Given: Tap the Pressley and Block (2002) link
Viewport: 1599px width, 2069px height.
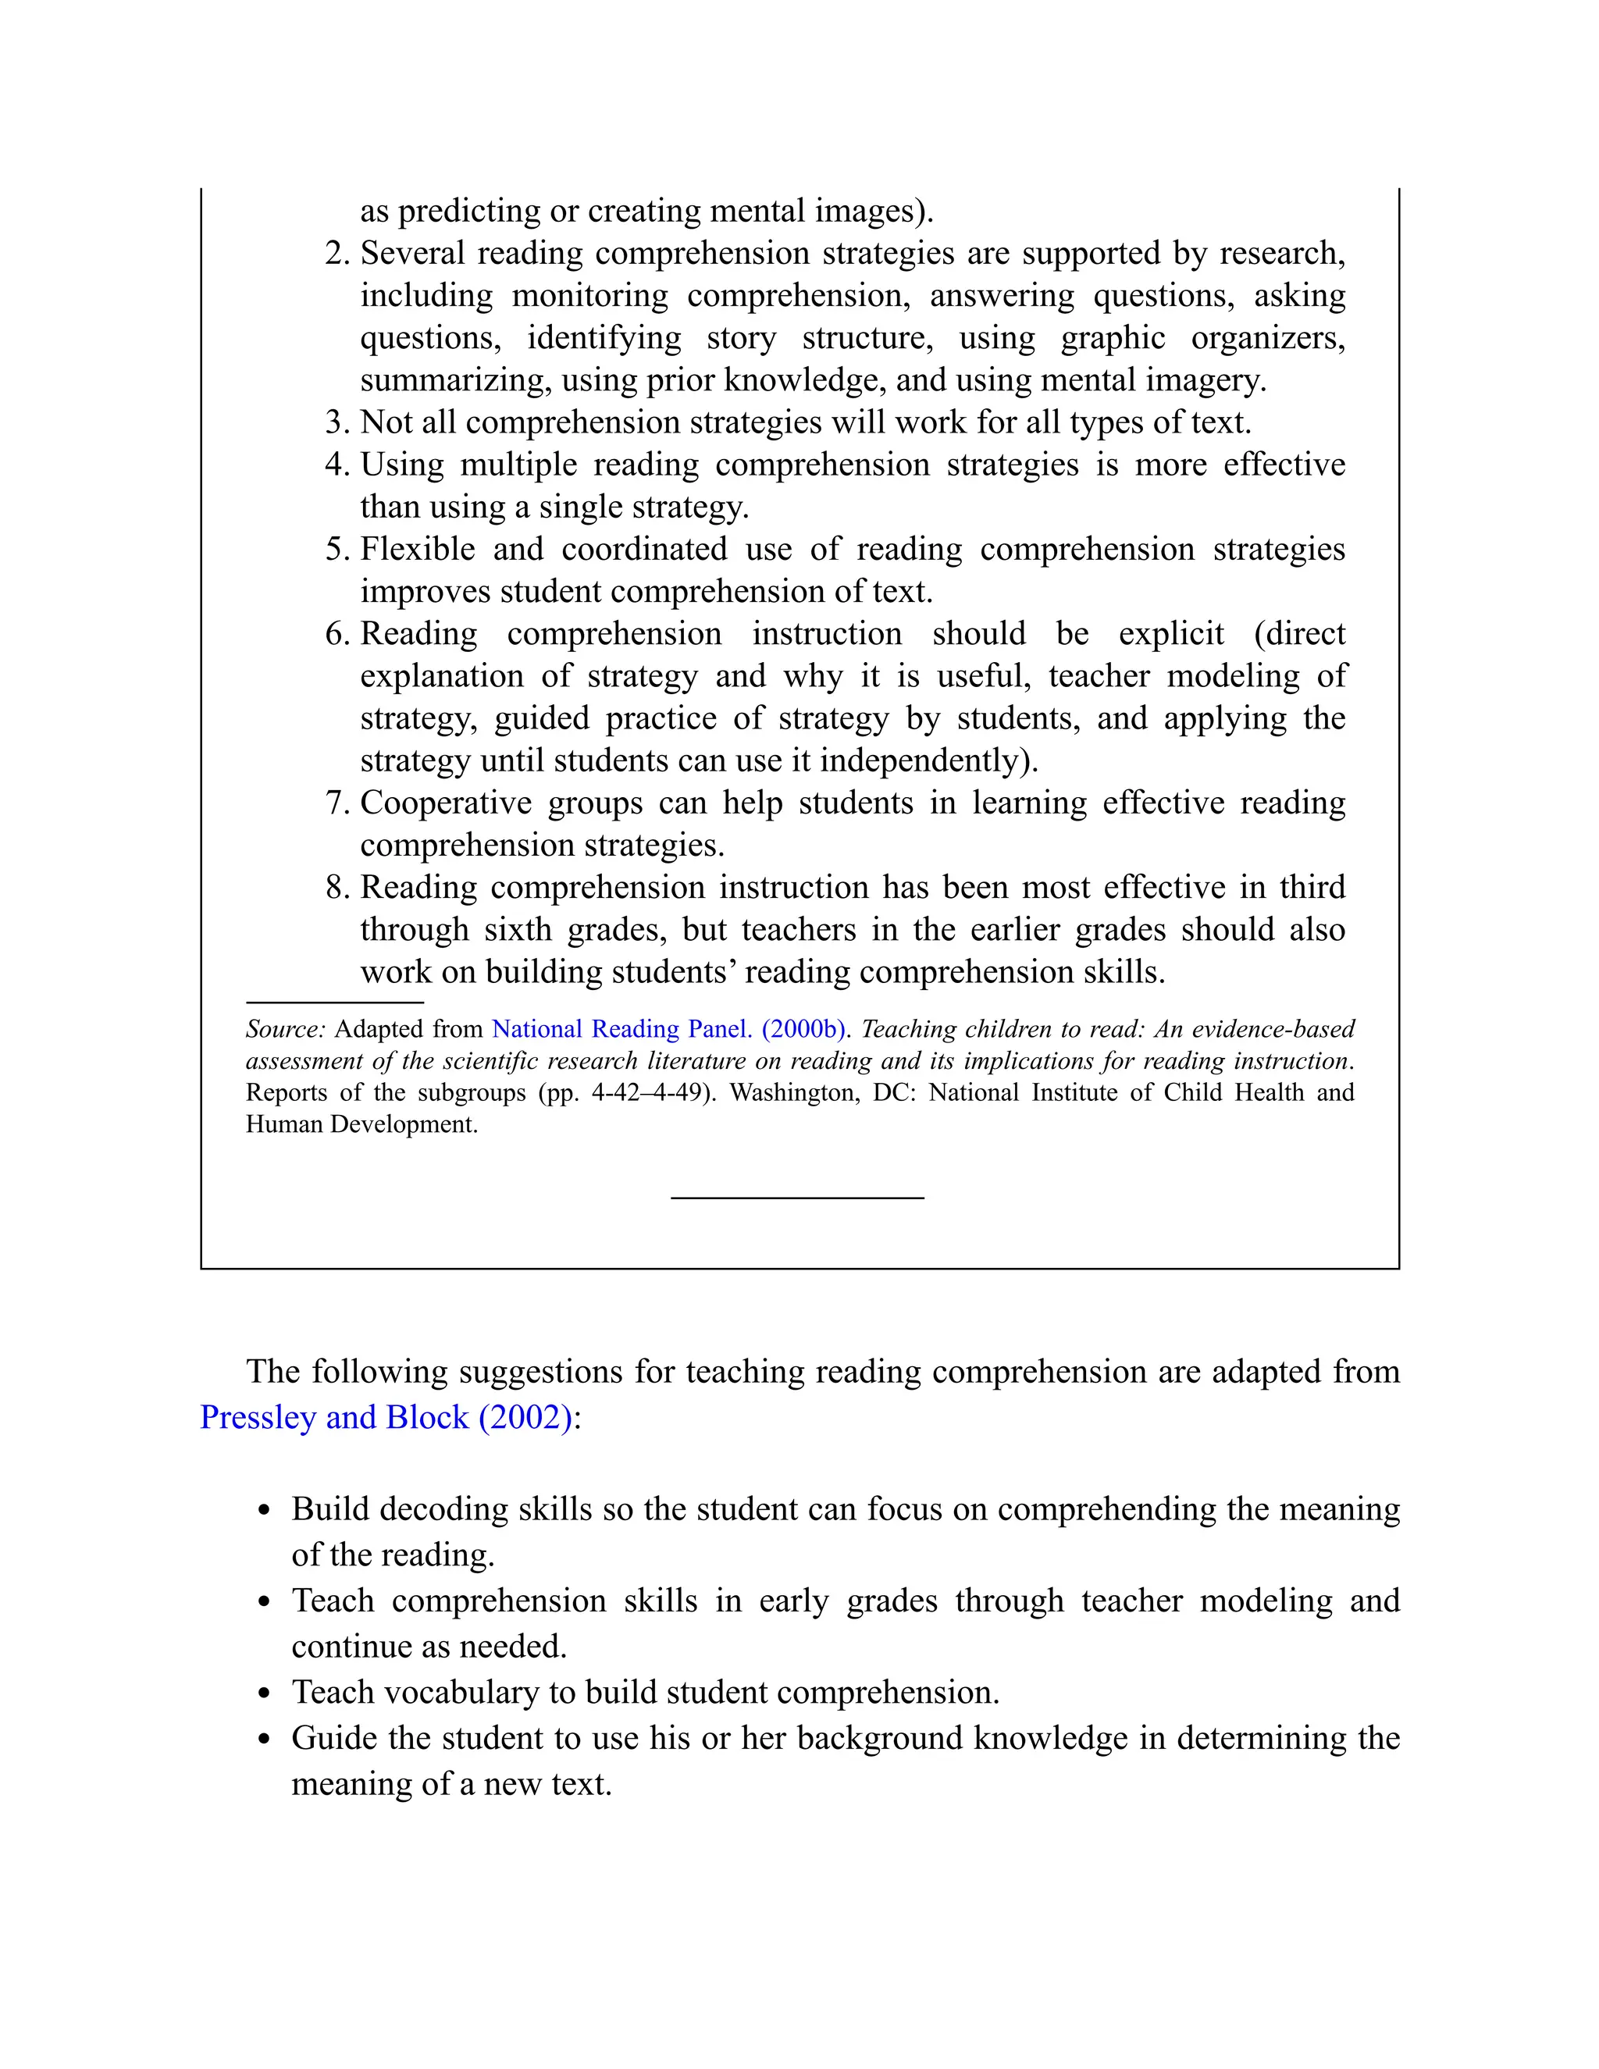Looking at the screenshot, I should [386, 1417].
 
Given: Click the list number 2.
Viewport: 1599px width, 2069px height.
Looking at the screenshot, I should [337, 254].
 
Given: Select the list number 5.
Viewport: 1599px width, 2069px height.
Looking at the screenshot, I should [337, 550].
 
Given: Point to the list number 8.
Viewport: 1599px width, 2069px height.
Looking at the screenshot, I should [337, 888].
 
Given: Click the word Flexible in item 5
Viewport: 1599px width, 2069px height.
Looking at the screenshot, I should [418, 550].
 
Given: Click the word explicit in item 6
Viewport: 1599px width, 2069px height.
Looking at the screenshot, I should [1171, 634].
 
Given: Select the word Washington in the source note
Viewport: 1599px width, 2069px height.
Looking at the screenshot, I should [794, 1092].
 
